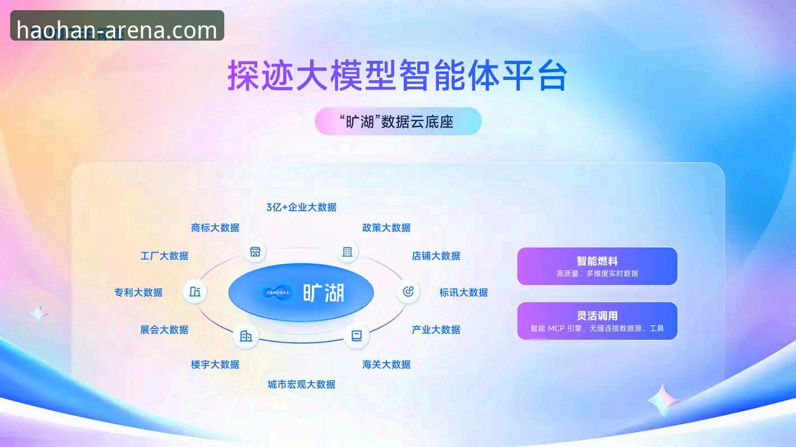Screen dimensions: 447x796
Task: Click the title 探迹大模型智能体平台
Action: [397, 76]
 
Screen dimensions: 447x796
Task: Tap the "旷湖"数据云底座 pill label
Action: [398, 121]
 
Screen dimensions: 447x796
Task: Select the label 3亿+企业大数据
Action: [301, 207]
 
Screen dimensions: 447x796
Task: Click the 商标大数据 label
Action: [215, 227]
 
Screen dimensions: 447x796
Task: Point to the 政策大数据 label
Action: [386, 227]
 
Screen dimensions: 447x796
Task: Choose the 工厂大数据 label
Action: [164, 256]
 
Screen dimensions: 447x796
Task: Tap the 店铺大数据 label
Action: [436, 256]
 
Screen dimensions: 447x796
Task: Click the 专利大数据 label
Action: [138, 292]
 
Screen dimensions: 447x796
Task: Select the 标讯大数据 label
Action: [464, 292]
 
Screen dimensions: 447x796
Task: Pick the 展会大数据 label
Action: [164, 330]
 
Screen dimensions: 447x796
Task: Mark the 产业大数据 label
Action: [436, 330]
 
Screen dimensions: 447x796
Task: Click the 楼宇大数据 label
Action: [215, 365]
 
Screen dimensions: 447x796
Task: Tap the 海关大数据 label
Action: [386, 365]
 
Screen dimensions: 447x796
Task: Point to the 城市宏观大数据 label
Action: [301, 384]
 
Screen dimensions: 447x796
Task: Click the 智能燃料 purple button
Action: [597, 266]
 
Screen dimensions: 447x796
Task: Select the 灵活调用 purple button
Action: [597, 321]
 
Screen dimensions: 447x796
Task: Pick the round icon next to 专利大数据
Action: [195, 292]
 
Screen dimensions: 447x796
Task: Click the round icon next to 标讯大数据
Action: [408, 292]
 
